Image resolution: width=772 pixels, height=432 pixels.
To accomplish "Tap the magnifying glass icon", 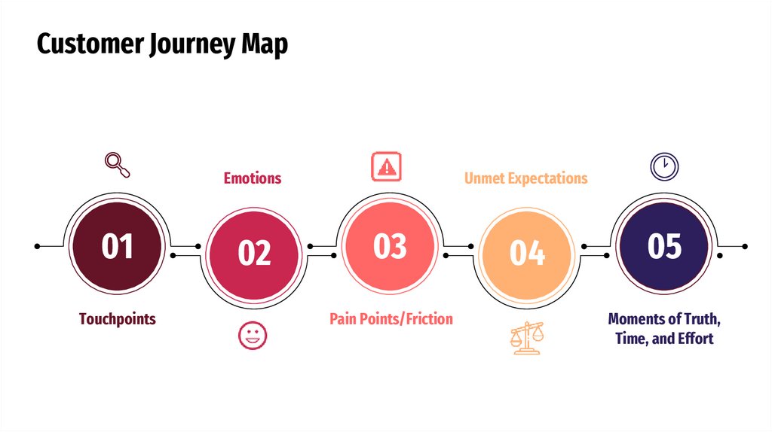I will tap(118, 165).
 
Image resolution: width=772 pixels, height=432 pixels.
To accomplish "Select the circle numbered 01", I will tap(118, 246).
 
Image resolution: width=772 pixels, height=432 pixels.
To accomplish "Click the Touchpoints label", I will tap(118, 319).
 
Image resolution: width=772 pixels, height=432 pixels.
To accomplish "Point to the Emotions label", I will tap(253, 178).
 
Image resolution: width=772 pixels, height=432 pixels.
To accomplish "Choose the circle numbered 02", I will tap(254, 254).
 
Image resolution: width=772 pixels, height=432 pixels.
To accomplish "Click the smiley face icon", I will tap(253, 336).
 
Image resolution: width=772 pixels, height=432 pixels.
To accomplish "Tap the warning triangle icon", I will tap(387, 166).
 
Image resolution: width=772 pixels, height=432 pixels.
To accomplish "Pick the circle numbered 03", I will tap(390, 246).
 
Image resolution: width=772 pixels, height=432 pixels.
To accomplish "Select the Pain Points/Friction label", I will tap(391, 319).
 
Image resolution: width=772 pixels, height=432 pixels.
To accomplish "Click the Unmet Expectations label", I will tap(525, 178).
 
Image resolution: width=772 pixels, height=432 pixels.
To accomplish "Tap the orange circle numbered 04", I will tap(527, 254).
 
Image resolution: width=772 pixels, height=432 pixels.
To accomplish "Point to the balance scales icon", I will tap(526, 338).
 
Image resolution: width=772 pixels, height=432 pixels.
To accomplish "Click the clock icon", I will tap(664, 166).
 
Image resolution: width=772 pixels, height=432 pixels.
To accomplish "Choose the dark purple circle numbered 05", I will tap(664, 246).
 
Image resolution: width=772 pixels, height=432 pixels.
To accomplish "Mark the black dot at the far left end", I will tap(38, 246).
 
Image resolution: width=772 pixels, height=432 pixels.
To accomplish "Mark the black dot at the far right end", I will tap(745, 246).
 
